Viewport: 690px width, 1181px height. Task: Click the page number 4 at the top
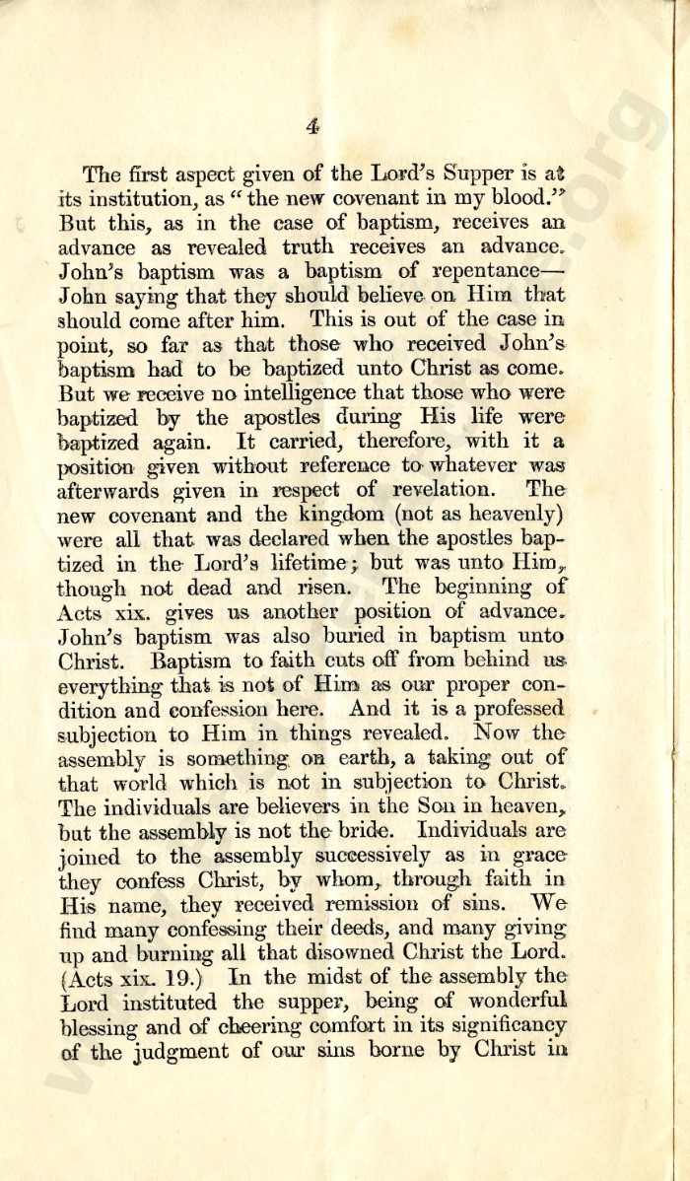point(313,125)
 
